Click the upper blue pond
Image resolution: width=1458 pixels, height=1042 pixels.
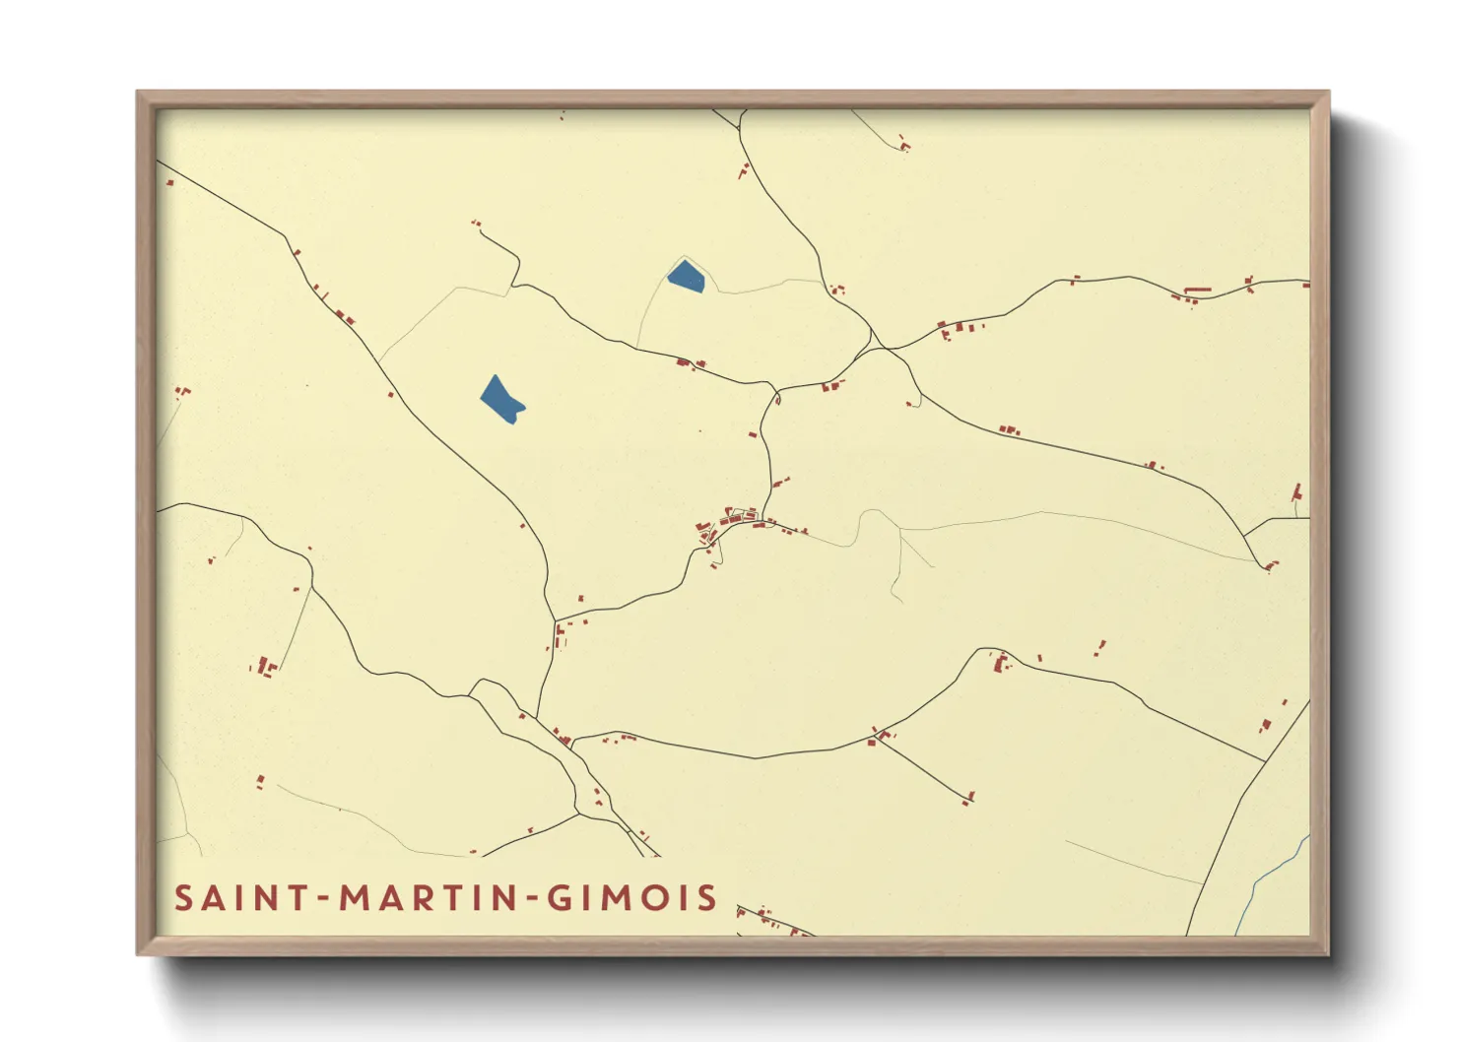coord(687,276)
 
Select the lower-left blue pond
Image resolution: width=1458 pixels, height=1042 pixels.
coord(501,399)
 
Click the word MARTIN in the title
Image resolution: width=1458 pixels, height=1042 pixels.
coord(429,898)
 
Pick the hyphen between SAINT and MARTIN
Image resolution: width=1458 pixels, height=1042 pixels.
coord(323,898)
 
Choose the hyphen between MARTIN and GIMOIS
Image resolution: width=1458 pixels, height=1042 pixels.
coord(532,898)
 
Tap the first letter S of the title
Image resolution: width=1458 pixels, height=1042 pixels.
coord(184,898)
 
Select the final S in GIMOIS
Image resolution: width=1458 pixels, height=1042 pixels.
coord(706,898)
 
